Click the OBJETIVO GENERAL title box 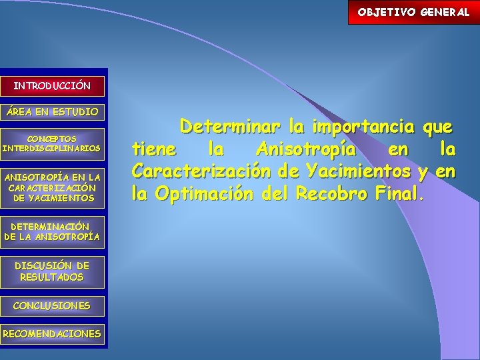pos(413,12)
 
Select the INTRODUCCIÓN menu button pos(52,86)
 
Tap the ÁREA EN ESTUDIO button pos(52,111)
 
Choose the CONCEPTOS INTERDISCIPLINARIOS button pos(52,143)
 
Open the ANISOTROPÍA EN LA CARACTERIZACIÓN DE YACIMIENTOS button pos(52,187)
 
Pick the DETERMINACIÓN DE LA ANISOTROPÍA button pos(52,231)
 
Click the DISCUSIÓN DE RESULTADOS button pos(52,271)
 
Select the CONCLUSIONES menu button pos(52,306)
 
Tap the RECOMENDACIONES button pos(52,333)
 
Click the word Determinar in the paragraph pos(233,126)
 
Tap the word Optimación pos(206,194)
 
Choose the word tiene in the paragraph pos(155,149)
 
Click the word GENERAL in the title pos(445,12)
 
